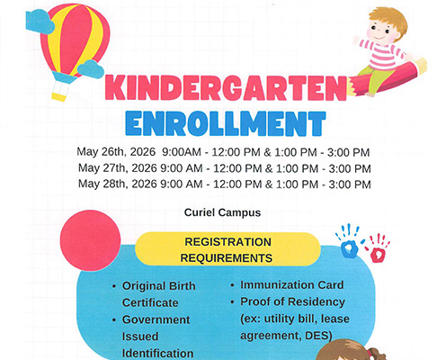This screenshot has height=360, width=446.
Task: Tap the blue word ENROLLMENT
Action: coord(224,123)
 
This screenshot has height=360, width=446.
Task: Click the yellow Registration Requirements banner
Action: coord(227,249)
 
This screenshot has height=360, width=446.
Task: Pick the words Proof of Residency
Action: coord(293,302)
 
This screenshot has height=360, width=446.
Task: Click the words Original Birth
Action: coord(158,285)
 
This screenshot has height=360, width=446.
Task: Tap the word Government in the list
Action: coord(156,319)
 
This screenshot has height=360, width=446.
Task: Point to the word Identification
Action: coord(158,353)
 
